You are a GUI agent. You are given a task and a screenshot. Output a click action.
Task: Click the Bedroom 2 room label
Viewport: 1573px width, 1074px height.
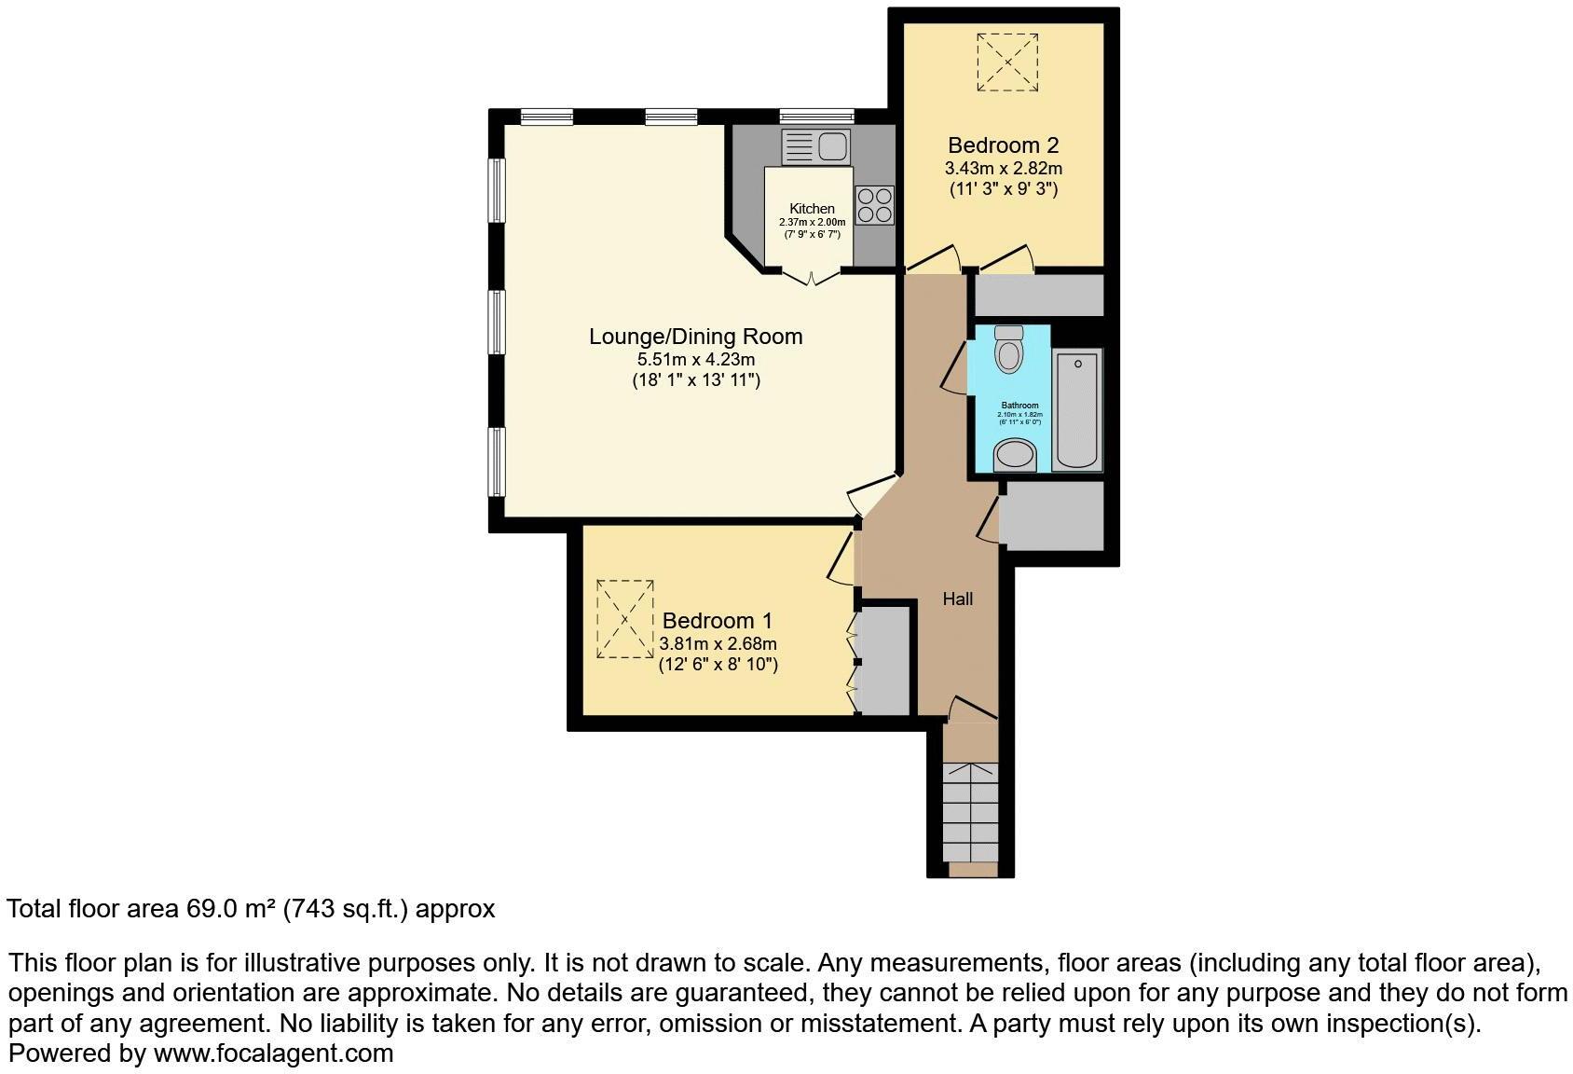[x=1003, y=145]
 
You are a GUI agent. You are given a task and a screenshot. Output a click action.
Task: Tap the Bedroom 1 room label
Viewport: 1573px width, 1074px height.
[x=717, y=621]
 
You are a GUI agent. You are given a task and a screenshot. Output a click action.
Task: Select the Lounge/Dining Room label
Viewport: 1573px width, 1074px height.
[x=695, y=337]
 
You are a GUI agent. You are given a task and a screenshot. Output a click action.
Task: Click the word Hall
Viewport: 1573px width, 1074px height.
[x=957, y=599]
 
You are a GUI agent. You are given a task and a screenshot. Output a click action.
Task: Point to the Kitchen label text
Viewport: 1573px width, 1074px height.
[x=812, y=209]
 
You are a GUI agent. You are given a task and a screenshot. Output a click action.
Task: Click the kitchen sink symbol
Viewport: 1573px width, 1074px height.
[x=816, y=146]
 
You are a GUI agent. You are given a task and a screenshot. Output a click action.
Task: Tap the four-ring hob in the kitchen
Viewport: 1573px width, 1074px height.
[x=874, y=205]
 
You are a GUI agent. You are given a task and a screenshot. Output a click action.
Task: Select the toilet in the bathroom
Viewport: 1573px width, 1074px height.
[x=1008, y=350]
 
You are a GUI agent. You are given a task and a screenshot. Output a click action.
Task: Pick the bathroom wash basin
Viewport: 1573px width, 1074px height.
[x=1015, y=457]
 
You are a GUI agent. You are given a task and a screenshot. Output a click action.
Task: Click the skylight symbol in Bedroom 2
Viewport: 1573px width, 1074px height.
[x=1007, y=62]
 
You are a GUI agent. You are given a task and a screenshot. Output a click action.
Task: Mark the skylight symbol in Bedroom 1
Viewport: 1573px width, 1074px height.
[x=625, y=619]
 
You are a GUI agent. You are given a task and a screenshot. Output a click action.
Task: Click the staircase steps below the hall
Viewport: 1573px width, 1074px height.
[x=970, y=812]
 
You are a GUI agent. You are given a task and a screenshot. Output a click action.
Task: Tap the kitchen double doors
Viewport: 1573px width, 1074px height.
[x=811, y=276]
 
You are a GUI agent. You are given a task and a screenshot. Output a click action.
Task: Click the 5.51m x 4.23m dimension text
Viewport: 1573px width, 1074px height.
[x=695, y=360]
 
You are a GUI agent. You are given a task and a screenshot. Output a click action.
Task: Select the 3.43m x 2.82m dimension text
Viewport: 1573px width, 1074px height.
[x=1003, y=169]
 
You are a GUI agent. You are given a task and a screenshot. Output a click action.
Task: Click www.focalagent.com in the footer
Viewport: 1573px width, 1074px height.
[x=273, y=1054]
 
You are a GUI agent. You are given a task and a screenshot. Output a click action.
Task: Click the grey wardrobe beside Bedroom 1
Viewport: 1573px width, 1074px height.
[x=884, y=661]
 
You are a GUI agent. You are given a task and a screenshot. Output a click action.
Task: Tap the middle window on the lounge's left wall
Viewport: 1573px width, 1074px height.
[x=498, y=323]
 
